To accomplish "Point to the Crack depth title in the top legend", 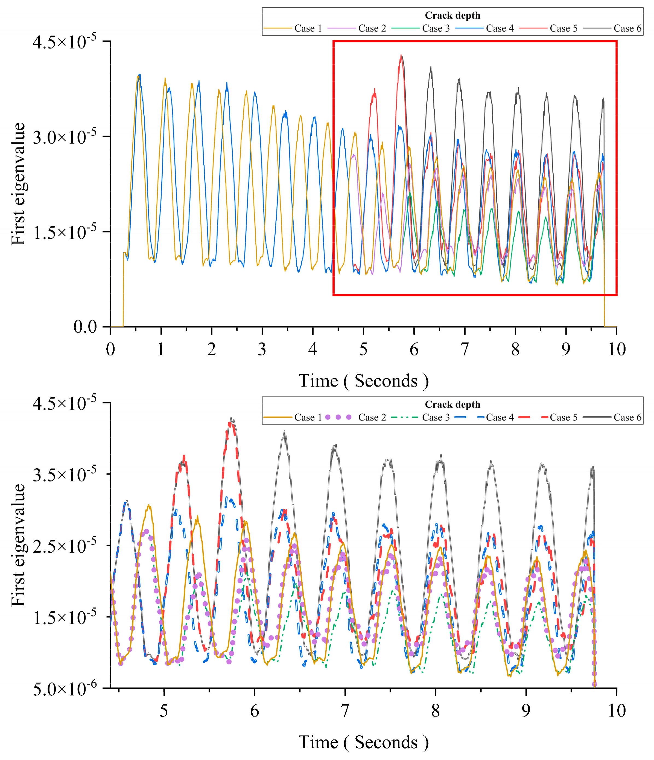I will pos(452,15).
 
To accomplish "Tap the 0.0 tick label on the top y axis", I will pos(85,326).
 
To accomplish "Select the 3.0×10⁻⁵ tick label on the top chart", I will pos(65,137).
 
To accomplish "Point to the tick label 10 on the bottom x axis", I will pos(617,711).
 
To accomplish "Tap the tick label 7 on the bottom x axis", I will pos(345,711).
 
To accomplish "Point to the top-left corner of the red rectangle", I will pos(334,42).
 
